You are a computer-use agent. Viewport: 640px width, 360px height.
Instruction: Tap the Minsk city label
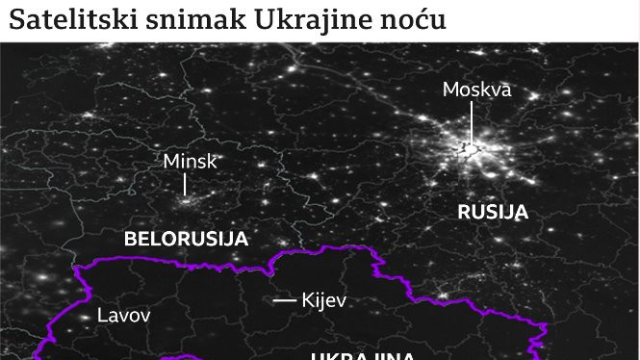[x=191, y=161]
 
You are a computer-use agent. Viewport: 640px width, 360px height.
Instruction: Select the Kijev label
[x=323, y=300]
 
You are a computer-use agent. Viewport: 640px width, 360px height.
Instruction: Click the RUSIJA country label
[x=493, y=212]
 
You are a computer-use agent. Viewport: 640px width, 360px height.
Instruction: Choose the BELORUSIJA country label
[x=187, y=239]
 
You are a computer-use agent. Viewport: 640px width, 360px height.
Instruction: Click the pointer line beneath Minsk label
[x=186, y=184]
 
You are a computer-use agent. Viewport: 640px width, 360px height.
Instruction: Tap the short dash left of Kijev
[x=284, y=300]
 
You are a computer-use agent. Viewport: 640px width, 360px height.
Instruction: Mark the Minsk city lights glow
[x=187, y=203]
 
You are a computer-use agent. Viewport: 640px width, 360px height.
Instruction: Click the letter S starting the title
[x=16, y=20]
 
